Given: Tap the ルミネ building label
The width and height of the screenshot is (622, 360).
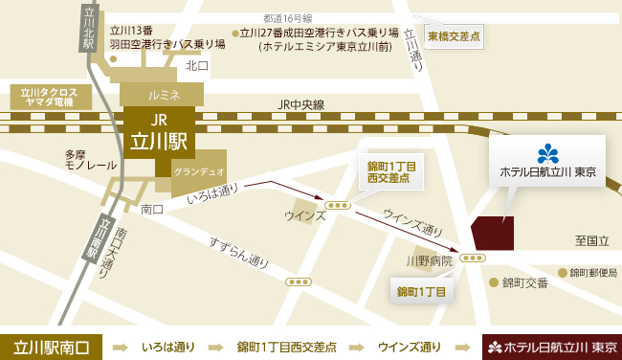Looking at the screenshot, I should pyautogui.click(x=163, y=95).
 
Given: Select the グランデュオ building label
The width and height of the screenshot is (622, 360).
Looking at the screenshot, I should pyautogui.click(x=199, y=170).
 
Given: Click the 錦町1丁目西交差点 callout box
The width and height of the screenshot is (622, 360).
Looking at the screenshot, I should pyautogui.click(x=390, y=171).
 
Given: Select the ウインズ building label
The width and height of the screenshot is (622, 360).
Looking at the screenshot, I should pyautogui.click(x=303, y=215).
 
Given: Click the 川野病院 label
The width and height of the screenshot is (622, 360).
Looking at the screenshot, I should pyautogui.click(x=428, y=260).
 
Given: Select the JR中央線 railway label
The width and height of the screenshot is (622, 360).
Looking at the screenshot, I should pyautogui.click(x=301, y=104).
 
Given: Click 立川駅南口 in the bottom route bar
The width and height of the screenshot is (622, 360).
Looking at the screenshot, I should pyautogui.click(x=52, y=346).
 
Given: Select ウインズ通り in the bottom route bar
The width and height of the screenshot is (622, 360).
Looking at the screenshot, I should pyautogui.click(x=411, y=346).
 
